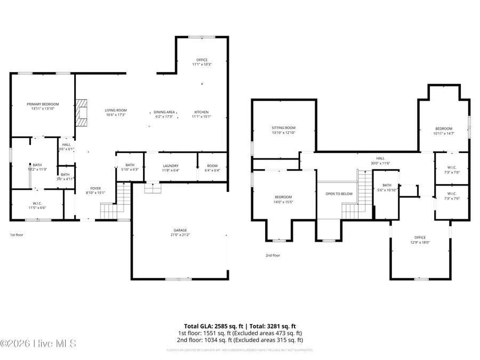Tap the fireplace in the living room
(x=81, y=113)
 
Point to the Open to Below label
(x=339, y=194)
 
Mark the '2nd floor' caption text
(x=273, y=255)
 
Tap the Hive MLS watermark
(x=38, y=343)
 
